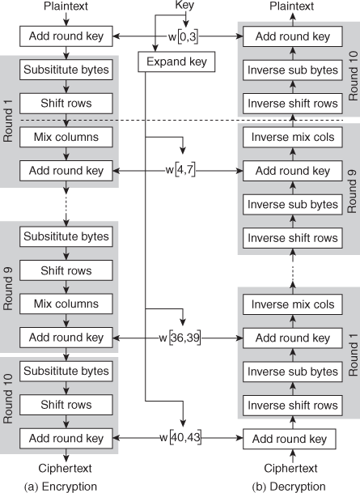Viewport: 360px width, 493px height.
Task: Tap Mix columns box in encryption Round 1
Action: coord(66,137)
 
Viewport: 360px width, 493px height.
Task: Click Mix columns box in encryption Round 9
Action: coord(66,304)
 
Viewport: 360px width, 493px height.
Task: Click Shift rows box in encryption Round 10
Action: coord(66,405)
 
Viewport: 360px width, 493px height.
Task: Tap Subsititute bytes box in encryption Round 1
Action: coord(66,70)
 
